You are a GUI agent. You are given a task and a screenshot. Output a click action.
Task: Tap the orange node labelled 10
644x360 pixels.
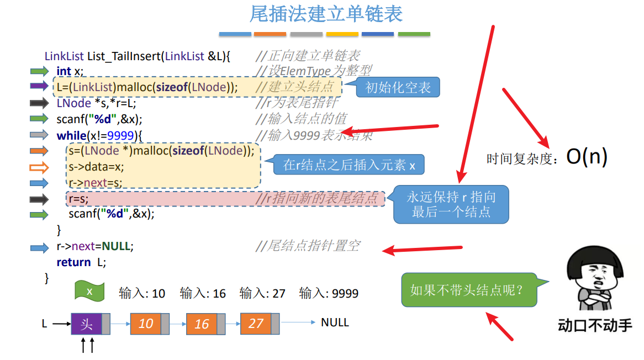point(146,323)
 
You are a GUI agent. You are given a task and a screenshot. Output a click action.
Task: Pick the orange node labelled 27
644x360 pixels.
point(256,323)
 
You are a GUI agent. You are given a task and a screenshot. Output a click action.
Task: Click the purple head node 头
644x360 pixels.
point(86,324)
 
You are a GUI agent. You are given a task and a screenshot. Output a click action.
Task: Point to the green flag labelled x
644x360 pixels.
point(89,292)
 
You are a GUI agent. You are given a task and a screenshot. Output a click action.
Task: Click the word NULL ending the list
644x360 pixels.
point(335,322)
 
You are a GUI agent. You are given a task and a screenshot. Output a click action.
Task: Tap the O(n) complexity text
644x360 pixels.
point(587,157)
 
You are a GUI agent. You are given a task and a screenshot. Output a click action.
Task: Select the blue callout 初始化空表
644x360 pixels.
point(398,88)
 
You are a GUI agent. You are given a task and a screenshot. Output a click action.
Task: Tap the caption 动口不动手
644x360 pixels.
point(594,325)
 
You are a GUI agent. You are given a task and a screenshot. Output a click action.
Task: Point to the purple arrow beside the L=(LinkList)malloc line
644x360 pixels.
point(39,86)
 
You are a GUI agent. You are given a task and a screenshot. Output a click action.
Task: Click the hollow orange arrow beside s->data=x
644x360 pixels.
point(39,167)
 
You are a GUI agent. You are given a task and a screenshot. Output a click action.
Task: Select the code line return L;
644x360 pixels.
point(81,262)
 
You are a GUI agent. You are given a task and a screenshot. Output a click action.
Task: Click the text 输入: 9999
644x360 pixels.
point(329,293)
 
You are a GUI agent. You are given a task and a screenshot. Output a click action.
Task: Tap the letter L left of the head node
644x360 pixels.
point(45,324)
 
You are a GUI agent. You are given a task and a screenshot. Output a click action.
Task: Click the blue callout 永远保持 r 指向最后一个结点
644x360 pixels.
point(451,204)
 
